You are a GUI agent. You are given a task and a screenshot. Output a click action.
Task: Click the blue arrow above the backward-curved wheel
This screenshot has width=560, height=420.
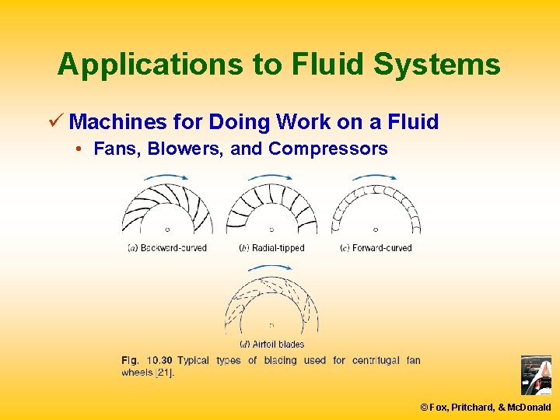pyautogui.click(x=166, y=177)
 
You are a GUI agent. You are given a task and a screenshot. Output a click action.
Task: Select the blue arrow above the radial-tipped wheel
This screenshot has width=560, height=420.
pyautogui.click(x=271, y=177)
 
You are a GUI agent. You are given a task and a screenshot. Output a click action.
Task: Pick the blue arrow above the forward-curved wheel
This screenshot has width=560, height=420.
pyautogui.click(x=375, y=177)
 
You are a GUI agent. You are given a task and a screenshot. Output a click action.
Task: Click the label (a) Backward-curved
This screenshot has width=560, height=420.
pyautogui.click(x=166, y=248)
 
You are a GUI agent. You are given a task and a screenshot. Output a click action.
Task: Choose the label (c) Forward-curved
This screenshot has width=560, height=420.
pyautogui.click(x=376, y=248)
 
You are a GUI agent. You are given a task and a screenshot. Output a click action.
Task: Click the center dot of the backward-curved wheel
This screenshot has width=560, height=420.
pyautogui.click(x=167, y=229)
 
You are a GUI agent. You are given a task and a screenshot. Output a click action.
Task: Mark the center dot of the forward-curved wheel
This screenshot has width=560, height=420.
pyautogui.click(x=376, y=229)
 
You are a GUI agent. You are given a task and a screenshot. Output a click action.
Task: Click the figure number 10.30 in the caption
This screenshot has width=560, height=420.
pyautogui.click(x=159, y=360)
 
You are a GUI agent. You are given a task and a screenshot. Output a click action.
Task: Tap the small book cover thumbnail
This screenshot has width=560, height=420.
pyautogui.click(x=535, y=376)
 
